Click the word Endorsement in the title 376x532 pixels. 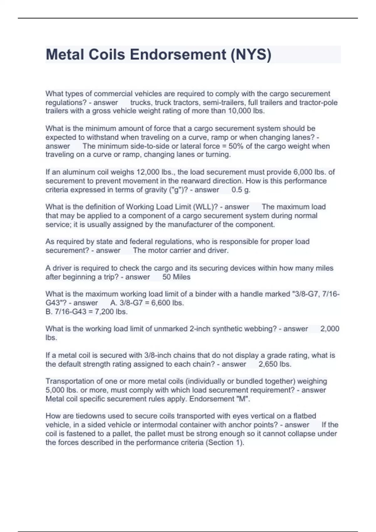tap(178, 55)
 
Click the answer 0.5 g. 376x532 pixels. tap(241, 190)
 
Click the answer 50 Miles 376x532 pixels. tap(176, 277)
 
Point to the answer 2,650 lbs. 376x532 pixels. tap(275, 364)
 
